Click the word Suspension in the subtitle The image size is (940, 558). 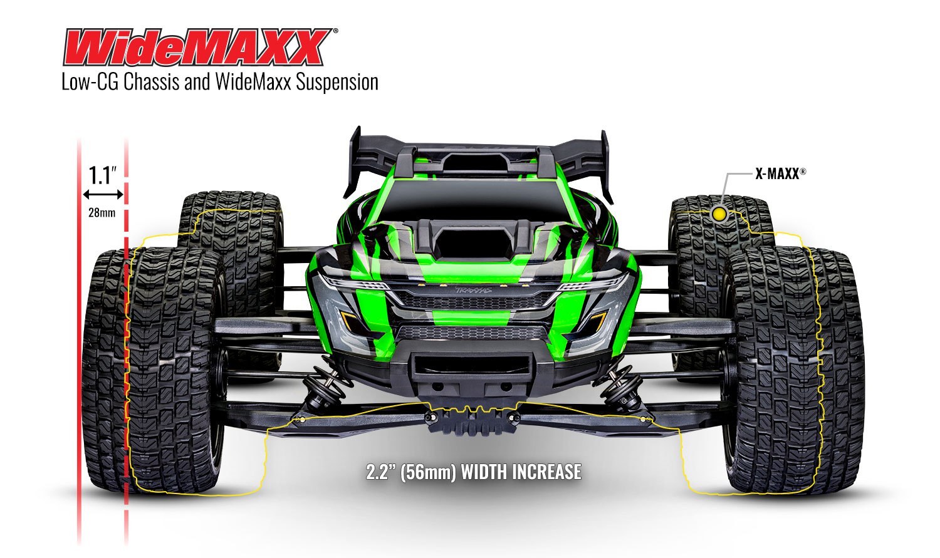click(x=337, y=82)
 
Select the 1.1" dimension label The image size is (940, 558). click(x=102, y=175)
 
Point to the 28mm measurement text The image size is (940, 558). click(x=102, y=212)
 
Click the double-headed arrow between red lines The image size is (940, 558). click(x=103, y=195)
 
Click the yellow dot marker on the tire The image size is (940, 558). click(x=719, y=214)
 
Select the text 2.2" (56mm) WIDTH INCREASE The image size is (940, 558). click(x=473, y=472)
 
